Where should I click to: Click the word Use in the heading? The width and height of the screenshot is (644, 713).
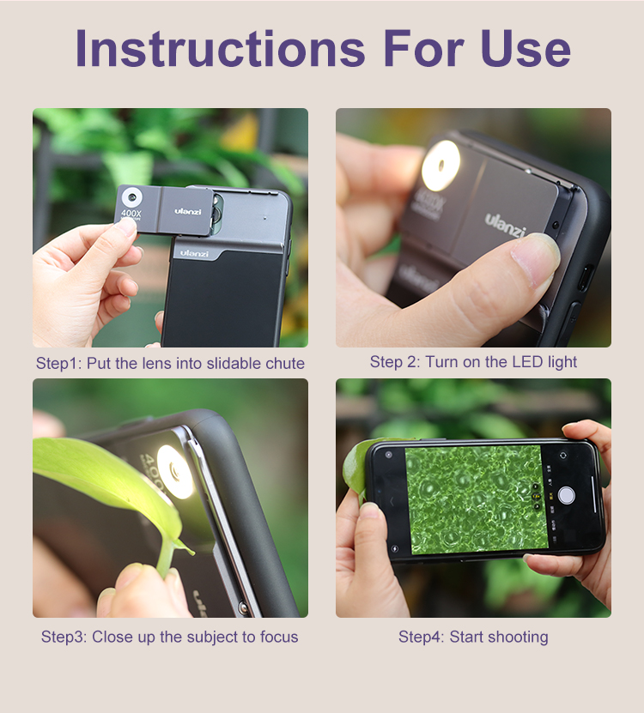point(526,48)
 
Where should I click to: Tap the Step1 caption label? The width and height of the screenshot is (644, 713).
point(58,363)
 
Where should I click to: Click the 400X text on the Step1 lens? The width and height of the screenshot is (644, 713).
point(131,212)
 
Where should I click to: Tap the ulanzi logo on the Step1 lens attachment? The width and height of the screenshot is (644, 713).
point(187,211)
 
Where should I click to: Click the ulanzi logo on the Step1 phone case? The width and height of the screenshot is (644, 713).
point(194,253)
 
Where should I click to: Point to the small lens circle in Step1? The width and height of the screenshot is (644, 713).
point(132,197)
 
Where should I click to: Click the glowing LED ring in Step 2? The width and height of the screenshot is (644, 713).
point(440,166)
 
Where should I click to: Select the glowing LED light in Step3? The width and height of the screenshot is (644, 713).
point(176,472)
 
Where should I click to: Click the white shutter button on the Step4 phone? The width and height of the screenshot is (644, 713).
point(567,495)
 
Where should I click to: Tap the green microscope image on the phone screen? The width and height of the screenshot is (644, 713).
point(477,498)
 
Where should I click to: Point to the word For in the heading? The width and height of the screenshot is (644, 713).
point(423,48)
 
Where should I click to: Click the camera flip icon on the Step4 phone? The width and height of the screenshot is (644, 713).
point(563,456)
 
